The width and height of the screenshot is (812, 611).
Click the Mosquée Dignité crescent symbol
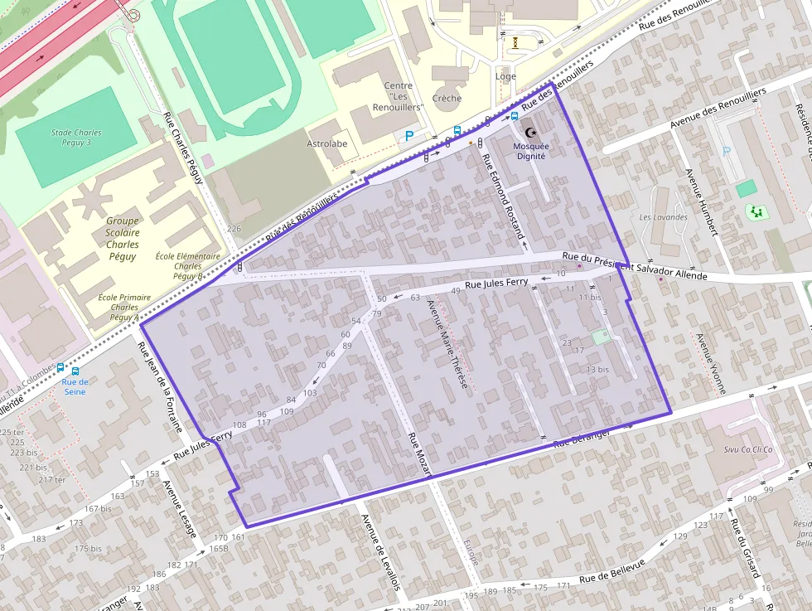pos(531,133)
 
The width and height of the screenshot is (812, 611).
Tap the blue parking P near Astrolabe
pos(409,136)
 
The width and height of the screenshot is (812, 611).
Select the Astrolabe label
pos(327,143)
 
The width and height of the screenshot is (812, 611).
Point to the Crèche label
pos(447,98)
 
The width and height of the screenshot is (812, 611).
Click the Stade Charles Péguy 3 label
pos(76,138)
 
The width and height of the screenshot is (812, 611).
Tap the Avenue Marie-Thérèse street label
pos(447,345)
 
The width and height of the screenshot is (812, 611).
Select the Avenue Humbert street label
pos(700,203)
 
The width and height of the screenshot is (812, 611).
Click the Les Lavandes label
pos(664,217)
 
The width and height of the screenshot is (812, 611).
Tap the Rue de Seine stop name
pos(75,386)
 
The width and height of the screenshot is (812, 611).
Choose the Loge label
pos(505,76)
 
